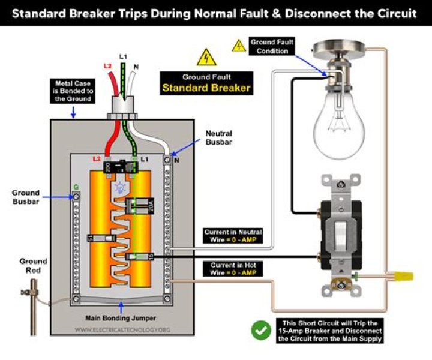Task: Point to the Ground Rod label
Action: click(x=32, y=266)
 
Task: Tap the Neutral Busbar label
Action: click(x=218, y=137)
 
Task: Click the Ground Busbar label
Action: click(x=25, y=197)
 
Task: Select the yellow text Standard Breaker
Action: click(x=205, y=88)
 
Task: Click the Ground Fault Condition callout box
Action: click(x=272, y=47)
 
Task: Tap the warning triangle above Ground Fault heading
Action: click(x=206, y=58)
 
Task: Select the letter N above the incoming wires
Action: click(x=136, y=67)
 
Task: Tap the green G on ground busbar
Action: click(x=76, y=187)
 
